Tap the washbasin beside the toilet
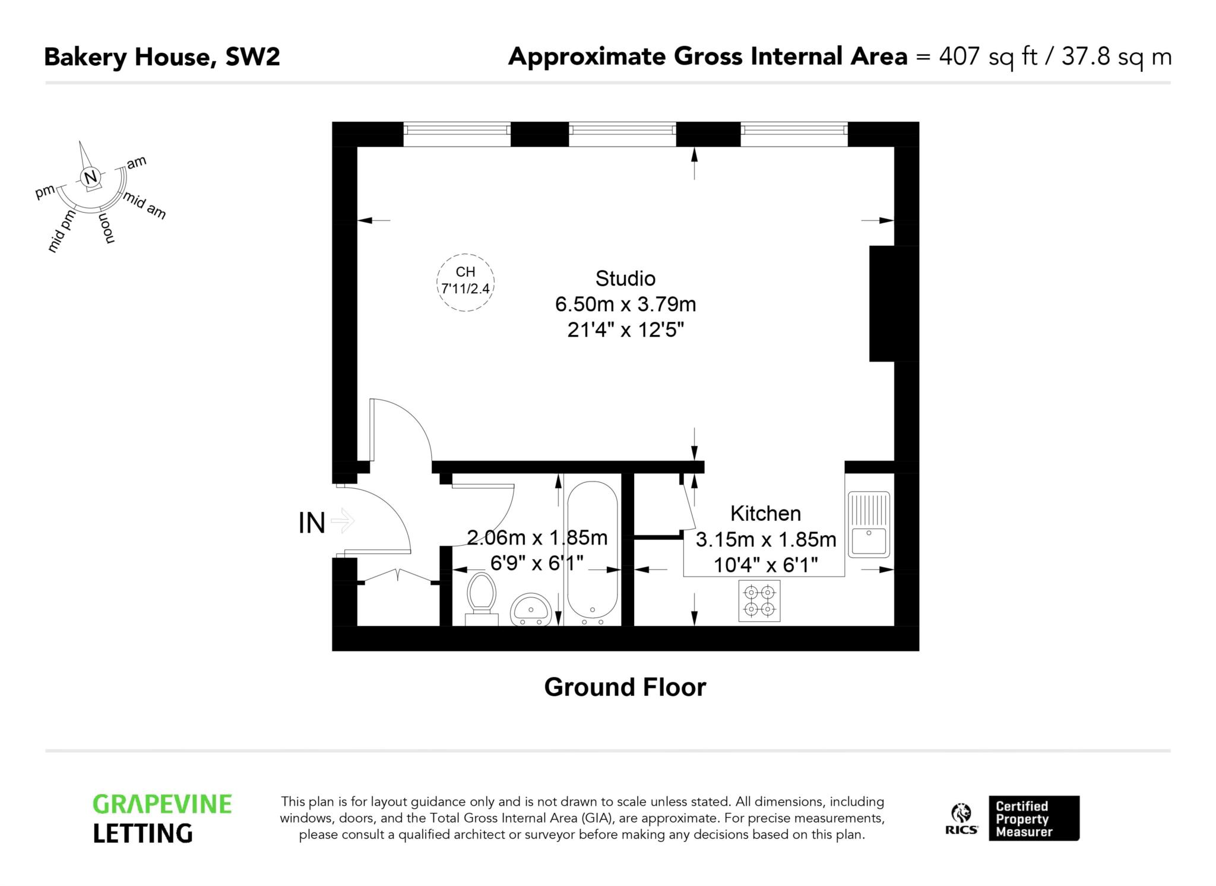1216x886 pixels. (531, 609)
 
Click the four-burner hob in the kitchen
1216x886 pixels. (759, 600)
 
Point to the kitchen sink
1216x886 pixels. (869, 524)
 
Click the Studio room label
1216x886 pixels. (625, 279)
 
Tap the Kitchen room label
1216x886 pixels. (765, 513)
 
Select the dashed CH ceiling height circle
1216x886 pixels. (465, 282)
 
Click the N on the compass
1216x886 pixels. (90, 177)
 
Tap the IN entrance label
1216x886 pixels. (312, 523)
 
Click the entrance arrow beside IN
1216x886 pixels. (343, 522)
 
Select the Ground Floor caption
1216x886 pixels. (625, 687)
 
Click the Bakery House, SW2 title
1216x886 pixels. (161, 58)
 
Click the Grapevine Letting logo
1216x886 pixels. (161, 819)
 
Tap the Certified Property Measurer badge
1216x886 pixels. (1033, 818)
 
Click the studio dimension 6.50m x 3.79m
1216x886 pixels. (625, 304)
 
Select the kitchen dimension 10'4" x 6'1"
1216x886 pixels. (765, 565)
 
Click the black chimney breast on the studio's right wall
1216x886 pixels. (893, 303)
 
